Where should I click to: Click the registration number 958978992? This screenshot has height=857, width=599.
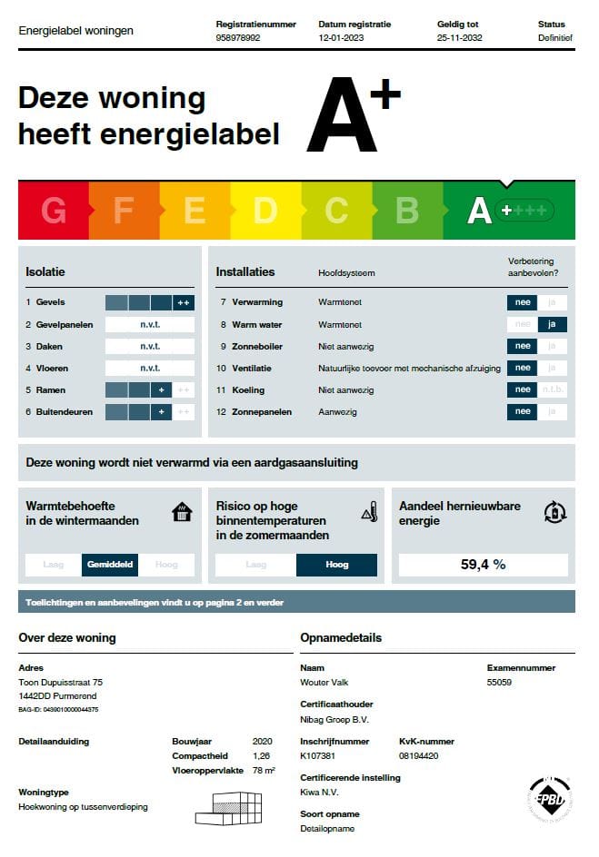(x=238, y=39)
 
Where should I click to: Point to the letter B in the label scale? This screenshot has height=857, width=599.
(x=407, y=210)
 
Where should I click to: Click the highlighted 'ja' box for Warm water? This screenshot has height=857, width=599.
(x=552, y=324)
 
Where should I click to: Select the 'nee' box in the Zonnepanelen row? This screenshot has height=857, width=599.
(x=523, y=411)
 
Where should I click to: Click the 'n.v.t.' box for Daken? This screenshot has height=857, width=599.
(x=150, y=346)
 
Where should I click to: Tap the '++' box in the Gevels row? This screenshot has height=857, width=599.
(x=184, y=302)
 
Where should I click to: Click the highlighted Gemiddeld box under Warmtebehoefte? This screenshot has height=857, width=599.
(x=110, y=565)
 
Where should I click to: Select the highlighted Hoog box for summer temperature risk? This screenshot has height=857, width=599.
(x=336, y=565)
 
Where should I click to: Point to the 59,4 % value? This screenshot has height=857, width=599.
(x=483, y=565)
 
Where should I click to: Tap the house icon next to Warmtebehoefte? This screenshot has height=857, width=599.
(x=183, y=512)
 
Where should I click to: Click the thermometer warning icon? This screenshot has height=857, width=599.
(x=369, y=512)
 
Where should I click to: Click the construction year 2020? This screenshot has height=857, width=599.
(x=262, y=742)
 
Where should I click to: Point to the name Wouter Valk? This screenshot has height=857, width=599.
(x=324, y=683)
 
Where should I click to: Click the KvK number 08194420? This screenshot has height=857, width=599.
(x=419, y=755)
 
